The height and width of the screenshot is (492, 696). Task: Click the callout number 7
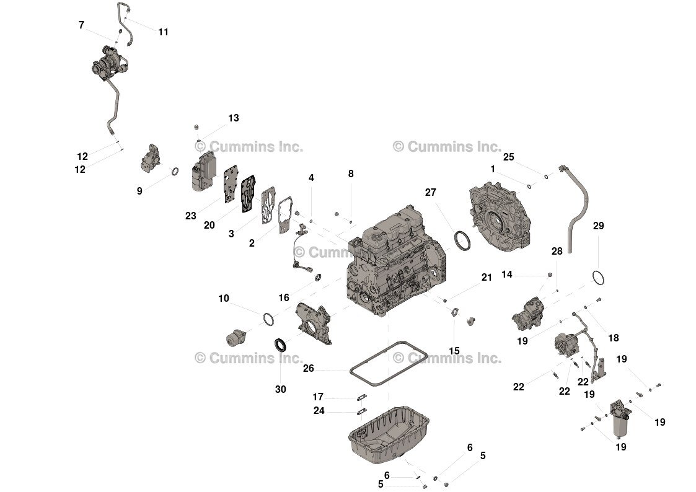(81, 25)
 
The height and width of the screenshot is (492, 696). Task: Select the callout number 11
(163, 32)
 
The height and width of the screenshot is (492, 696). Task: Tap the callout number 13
(233, 118)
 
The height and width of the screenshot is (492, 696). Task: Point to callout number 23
(190, 216)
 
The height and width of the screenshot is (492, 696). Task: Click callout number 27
(431, 192)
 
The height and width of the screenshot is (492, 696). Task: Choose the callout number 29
(598, 226)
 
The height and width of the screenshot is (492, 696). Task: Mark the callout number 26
(309, 369)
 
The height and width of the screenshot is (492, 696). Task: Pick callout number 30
(281, 389)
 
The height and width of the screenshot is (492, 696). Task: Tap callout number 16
(284, 298)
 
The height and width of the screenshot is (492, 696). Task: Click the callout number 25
(508, 157)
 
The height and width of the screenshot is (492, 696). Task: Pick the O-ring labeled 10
(268, 319)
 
